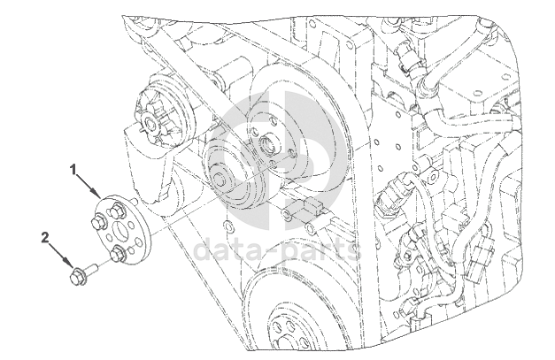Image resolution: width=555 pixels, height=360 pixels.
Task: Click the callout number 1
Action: point(73,170)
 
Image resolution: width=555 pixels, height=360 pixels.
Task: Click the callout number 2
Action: point(45,237)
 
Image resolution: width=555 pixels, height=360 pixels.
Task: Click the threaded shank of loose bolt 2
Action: point(91,268)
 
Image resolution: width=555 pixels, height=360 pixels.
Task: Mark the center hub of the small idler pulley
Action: point(220,179)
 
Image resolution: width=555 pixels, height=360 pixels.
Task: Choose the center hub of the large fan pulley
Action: point(269,144)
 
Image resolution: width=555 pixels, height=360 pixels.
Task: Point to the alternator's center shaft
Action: point(150,124)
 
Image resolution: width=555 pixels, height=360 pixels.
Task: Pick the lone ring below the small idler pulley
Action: point(228,226)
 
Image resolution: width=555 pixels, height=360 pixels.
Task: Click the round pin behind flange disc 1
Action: point(135,201)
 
